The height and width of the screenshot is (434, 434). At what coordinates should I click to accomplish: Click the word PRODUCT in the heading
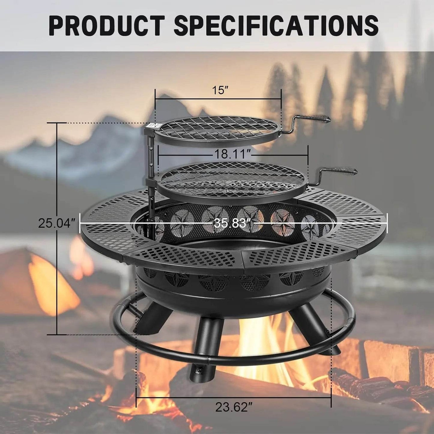[106, 26]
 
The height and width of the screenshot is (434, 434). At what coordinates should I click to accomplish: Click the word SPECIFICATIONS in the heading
[276, 26]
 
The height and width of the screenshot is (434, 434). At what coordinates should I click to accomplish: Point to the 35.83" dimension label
[232, 223]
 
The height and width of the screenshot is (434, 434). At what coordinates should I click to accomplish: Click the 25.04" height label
[56, 223]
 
